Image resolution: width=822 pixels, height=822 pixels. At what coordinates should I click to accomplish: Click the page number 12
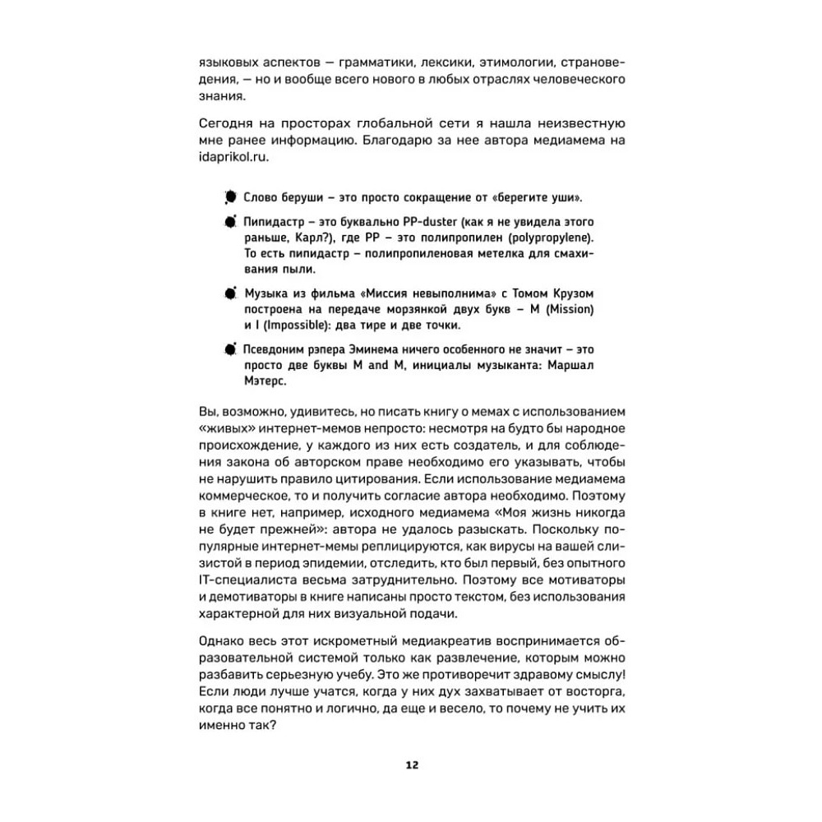[412, 765]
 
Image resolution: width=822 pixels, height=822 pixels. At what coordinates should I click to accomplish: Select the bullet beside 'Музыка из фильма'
[229, 293]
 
